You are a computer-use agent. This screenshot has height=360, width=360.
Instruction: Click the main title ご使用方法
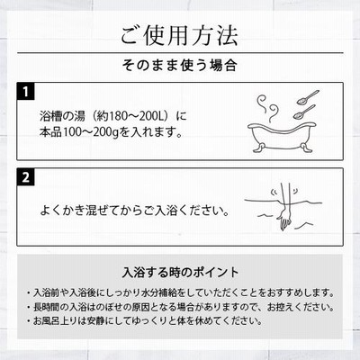tap(179, 35)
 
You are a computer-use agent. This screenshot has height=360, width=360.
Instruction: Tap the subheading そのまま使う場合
tap(180, 66)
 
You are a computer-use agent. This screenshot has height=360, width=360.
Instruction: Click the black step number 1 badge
tap(26, 91)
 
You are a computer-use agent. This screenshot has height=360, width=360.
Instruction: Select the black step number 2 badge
tap(26, 177)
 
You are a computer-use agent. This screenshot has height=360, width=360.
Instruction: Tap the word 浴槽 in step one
tap(50, 116)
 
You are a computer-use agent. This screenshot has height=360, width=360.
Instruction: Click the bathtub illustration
tap(282, 138)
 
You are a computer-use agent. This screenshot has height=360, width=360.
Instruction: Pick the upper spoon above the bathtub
tap(308, 97)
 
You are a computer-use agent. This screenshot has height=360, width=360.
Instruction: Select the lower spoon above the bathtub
tap(304, 112)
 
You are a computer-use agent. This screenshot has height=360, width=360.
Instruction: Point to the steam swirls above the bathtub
tap(268, 108)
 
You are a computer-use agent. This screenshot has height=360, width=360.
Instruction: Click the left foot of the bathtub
tap(259, 148)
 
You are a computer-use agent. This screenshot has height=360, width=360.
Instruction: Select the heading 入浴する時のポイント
tap(180, 272)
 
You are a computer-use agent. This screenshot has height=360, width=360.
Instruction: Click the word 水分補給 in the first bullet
tap(157, 292)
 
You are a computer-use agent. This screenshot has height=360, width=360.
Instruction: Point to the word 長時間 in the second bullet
tap(47, 307)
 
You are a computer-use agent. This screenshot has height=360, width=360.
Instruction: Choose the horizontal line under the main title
tap(180, 53)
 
